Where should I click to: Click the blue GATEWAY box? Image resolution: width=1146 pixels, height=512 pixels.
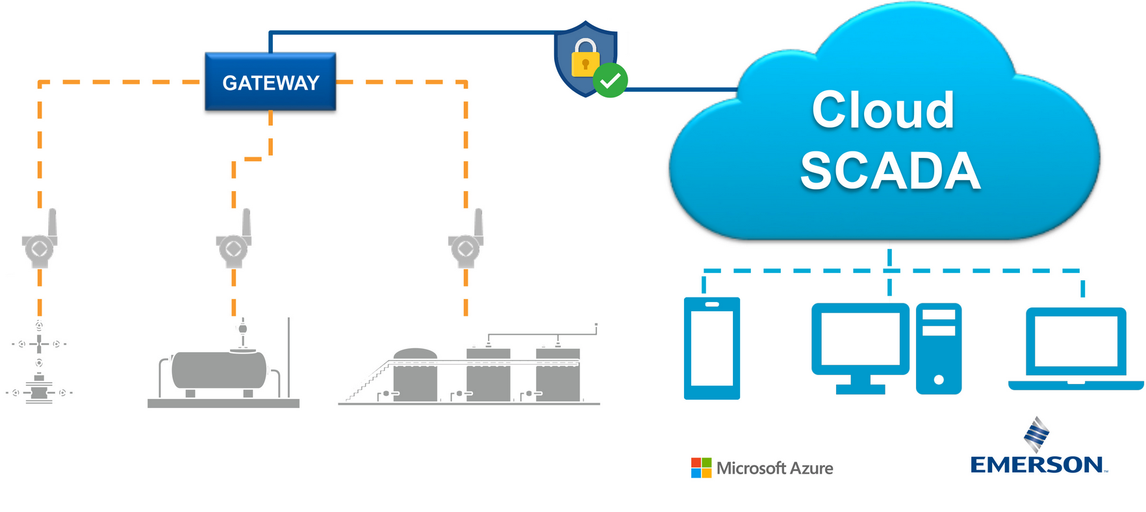[x=270, y=82]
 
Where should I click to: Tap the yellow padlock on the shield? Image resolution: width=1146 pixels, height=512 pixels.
[x=585, y=60]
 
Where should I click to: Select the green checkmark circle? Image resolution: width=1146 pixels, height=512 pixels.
[x=610, y=81]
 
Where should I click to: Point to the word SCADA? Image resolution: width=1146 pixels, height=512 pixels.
[x=889, y=171]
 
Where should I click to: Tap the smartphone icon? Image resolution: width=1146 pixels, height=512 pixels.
[x=711, y=348]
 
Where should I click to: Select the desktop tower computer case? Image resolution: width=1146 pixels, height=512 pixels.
[x=938, y=348]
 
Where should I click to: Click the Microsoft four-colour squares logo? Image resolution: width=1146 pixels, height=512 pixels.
[x=701, y=468]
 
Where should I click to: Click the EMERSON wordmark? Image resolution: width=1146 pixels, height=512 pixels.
[x=1036, y=465]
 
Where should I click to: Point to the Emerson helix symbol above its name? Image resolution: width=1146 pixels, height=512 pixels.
[x=1036, y=434]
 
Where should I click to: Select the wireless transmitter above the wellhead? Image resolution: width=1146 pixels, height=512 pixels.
[x=40, y=244]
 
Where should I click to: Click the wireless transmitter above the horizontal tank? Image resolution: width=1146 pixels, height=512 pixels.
[x=235, y=244]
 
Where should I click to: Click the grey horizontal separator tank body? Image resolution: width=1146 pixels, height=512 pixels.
[x=218, y=370]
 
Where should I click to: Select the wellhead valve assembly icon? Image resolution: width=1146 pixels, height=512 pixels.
[x=39, y=364]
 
